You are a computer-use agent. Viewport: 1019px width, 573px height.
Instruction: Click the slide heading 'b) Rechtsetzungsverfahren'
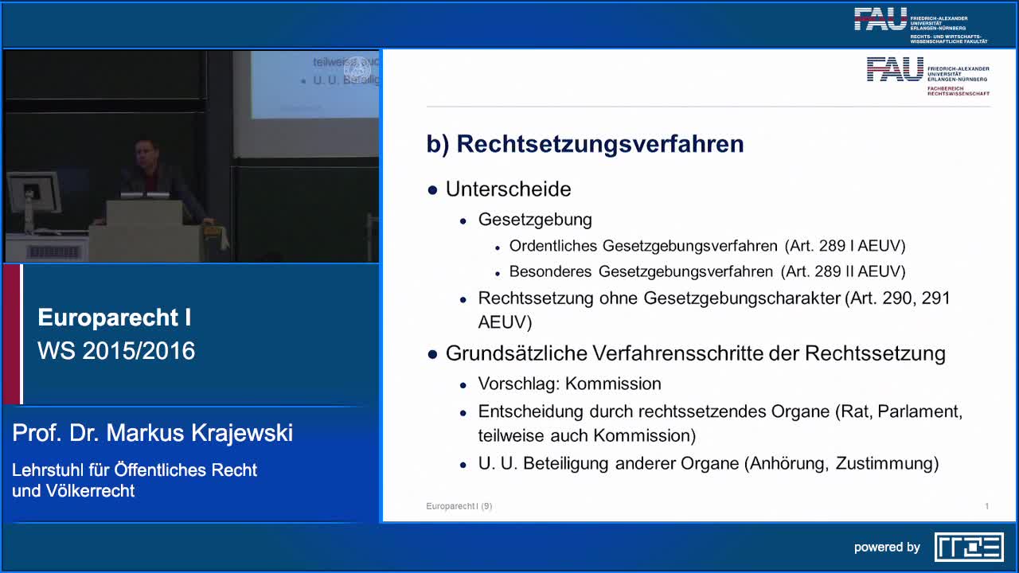tap(585, 144)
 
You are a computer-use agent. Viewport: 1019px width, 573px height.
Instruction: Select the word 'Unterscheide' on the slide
tap(508, 189)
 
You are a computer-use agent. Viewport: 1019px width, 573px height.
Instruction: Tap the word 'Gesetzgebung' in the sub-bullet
tap(535, 220)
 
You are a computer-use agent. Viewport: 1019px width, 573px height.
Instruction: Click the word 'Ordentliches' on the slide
tap(552, 246)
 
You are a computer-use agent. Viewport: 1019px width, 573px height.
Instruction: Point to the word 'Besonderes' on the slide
tap(550, 272)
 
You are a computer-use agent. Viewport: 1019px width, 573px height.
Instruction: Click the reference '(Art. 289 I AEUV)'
tap(845, 246)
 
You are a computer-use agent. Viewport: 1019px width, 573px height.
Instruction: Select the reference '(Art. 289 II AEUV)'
tap(843, 272)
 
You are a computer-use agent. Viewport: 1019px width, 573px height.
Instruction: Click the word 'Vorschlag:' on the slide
tap(519, 384)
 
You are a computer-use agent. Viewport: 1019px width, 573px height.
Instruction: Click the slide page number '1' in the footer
tap(986, 506)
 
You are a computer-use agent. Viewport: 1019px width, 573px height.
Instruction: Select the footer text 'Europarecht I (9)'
tap(459, 506)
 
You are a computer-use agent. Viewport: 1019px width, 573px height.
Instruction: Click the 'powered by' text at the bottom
tap(887, 548)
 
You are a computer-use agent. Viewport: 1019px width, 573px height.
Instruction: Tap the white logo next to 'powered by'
tap(969, 547)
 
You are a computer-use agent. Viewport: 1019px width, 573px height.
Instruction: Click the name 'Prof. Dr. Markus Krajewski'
tap(153, 433)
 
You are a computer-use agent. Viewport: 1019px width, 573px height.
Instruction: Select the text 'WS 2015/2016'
tap(116, 351)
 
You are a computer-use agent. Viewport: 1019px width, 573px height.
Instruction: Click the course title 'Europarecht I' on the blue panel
tap(115, 318)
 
